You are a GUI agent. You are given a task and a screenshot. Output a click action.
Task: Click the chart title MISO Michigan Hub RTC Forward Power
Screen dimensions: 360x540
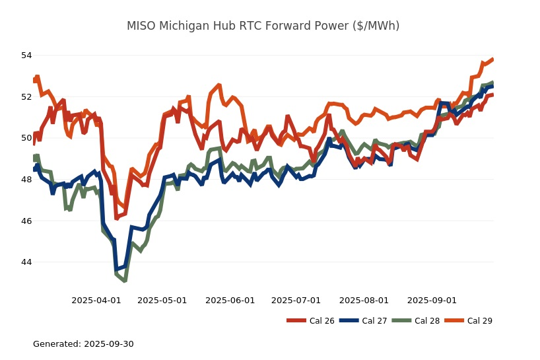263,26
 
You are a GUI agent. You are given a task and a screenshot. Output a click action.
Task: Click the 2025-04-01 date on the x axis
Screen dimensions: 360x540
96,301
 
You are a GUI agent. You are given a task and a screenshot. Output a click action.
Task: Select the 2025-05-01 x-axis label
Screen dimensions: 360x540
162,301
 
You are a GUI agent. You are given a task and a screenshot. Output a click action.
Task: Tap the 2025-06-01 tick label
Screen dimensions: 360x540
230,301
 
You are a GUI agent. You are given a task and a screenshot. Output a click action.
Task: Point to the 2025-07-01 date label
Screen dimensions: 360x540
296,301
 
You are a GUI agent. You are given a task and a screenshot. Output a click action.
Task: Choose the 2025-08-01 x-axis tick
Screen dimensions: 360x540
364,301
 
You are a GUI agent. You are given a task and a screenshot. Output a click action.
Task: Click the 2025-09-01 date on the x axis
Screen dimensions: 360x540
432,301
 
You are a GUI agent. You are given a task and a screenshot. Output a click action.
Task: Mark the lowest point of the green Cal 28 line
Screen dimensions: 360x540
124,281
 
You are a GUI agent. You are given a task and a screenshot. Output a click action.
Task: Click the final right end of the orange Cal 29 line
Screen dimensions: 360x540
492,59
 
